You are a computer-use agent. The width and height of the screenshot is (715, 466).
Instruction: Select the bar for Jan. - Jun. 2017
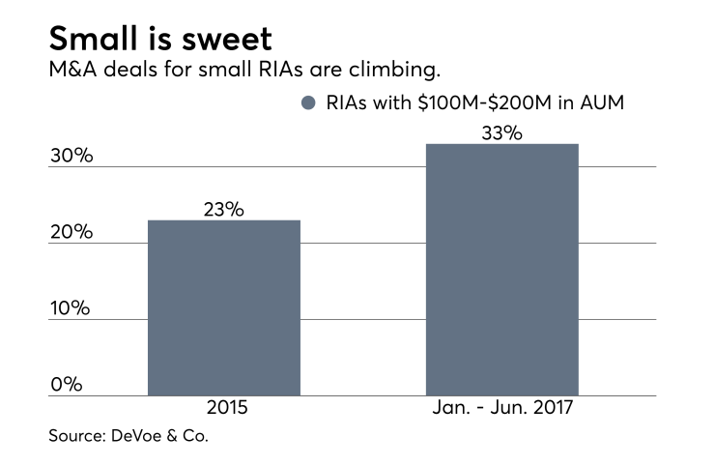[501, 270]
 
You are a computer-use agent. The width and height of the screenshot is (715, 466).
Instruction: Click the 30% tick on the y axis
[71, 156]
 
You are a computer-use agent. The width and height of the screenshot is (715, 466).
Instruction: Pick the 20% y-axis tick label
[71, 232]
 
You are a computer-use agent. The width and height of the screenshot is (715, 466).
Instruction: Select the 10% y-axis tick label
[71, 308]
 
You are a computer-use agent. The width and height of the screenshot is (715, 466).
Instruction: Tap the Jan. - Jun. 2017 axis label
[501, 410]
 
